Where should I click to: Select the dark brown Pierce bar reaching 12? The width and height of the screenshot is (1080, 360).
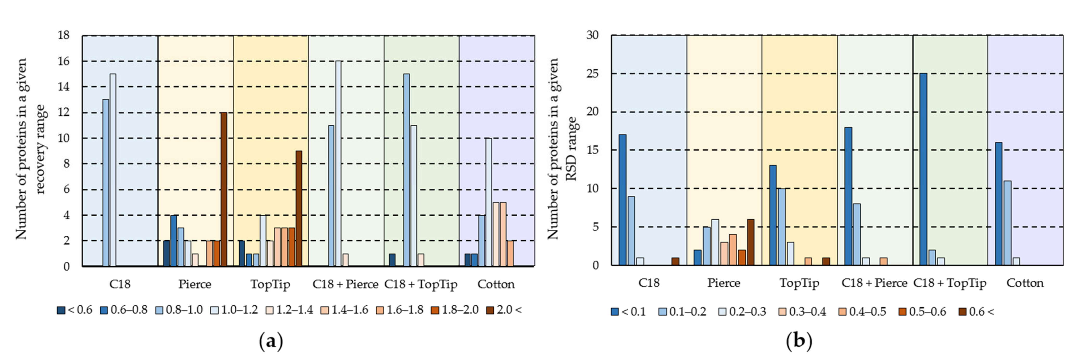223,189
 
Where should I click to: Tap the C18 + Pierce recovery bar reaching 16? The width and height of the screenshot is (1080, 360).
338,163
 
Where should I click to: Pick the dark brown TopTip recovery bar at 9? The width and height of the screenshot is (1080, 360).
299,208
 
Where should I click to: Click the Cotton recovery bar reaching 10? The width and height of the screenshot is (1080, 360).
488,202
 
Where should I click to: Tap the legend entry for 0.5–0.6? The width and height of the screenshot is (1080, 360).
922,312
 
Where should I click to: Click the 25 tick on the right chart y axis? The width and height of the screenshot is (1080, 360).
592,74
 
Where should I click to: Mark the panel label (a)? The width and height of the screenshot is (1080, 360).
271,341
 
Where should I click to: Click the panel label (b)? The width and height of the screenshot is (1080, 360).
799,341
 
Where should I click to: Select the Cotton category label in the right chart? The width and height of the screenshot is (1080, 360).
1025,283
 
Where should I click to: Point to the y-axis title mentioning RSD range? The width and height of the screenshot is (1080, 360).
562,149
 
